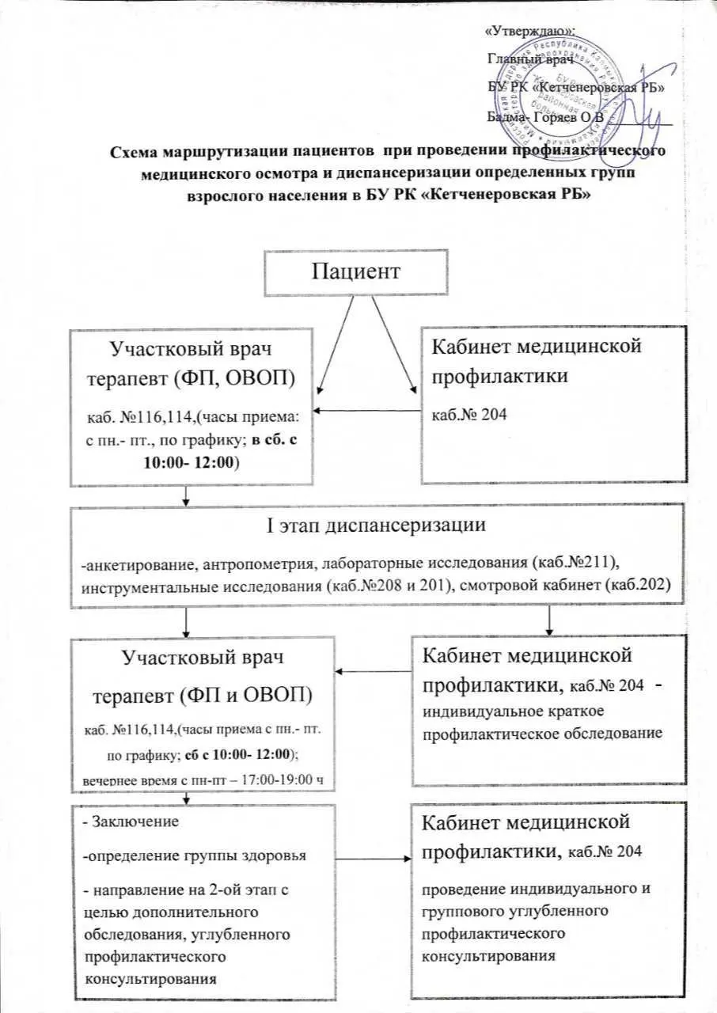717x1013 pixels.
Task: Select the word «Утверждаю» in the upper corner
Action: point(529,32)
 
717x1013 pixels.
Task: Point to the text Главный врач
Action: point(529,59)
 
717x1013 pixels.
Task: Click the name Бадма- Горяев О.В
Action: point(545,117)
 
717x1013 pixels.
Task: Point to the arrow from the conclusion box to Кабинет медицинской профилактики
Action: point(372,857)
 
